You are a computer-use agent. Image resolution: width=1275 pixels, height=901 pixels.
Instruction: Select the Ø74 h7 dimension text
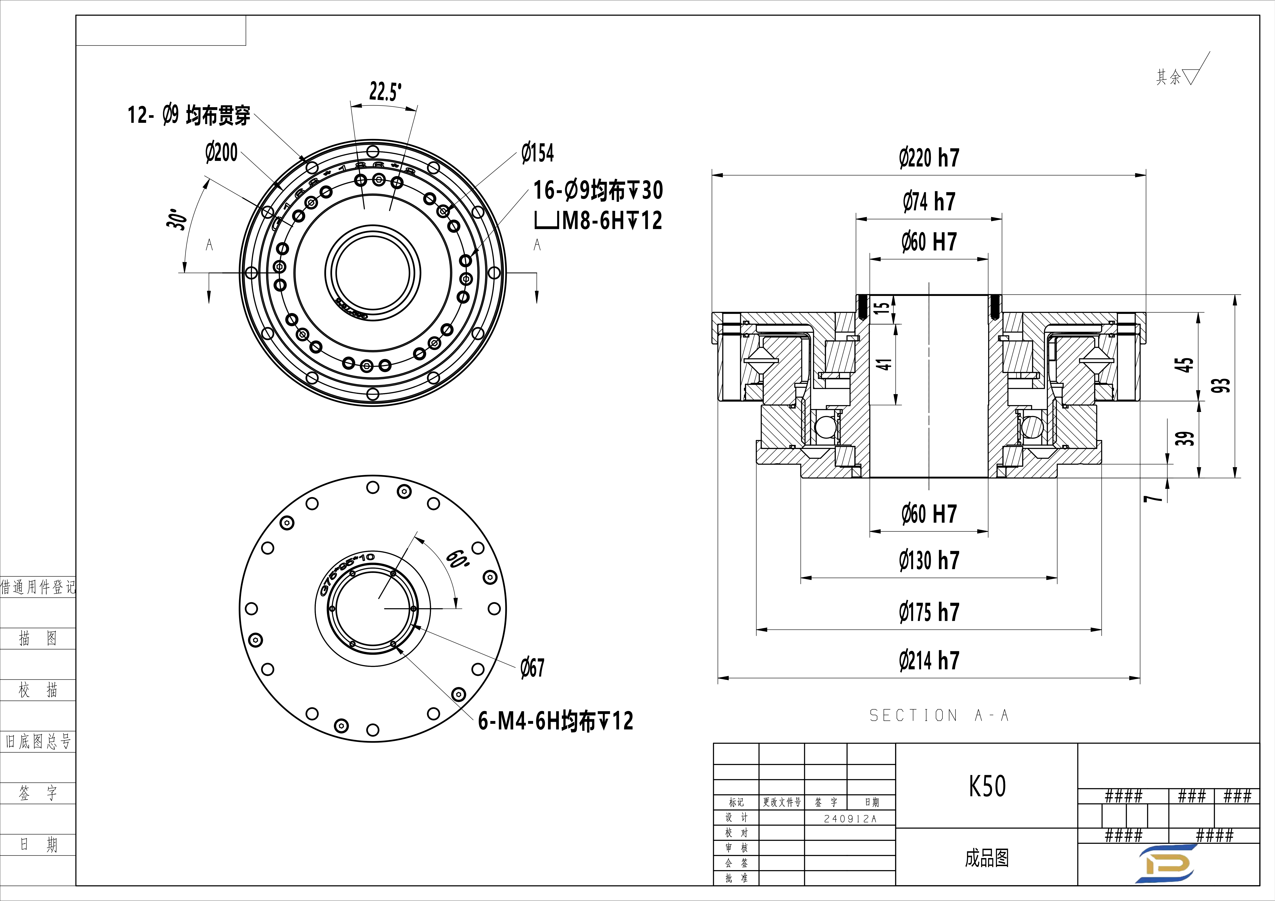tap(929, 201)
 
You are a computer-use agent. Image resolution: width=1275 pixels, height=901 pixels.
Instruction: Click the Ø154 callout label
tap(538, 153)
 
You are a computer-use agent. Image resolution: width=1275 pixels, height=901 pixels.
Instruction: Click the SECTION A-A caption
tap(938, 716)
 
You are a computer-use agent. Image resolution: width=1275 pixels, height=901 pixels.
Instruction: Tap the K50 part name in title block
tap(987, 786)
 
